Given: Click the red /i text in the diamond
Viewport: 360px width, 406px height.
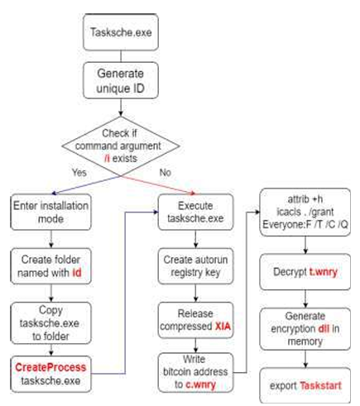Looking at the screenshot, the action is click(x=107, y=159).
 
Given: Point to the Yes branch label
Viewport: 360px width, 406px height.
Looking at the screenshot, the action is click(x=79, y=173).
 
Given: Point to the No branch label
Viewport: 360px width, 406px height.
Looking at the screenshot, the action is click(x=166, y=173).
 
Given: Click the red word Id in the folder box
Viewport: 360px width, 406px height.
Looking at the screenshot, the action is click(x=77, y=273).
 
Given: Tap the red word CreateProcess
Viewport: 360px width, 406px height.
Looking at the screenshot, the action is click(x=50, y=367).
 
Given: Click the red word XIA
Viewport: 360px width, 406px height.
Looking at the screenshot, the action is click(x=223, y=327).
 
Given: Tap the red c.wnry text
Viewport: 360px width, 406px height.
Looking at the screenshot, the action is click(x=200, y=385).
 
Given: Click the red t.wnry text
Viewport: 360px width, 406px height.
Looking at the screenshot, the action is click(x=324, y=272).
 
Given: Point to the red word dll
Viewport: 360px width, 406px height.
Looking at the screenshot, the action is click(x=324, y=328).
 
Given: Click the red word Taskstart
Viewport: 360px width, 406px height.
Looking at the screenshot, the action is click(x=320, y=385).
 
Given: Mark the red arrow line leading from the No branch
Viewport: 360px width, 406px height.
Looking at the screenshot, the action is click(x=158, y=185).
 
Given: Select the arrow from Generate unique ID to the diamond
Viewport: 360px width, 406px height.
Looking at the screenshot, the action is click(x=121, y=107).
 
